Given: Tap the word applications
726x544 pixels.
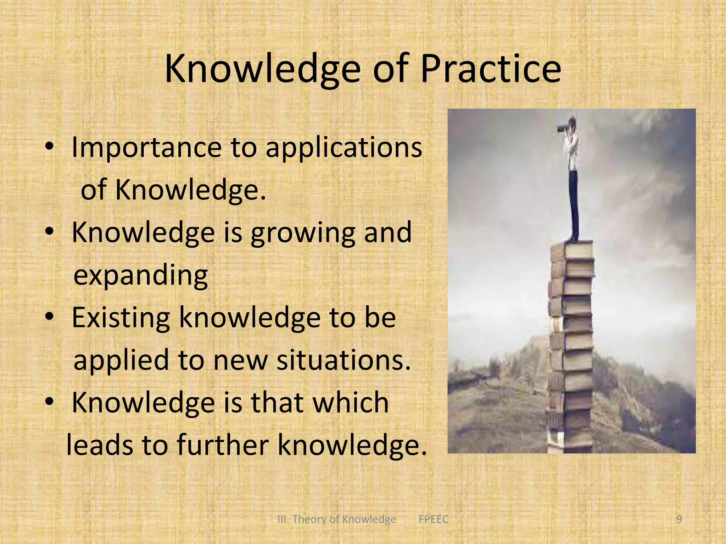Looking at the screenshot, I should click(344, 147).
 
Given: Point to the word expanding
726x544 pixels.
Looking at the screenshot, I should click(140, 276).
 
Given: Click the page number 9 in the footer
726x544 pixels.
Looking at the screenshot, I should click(679, 519).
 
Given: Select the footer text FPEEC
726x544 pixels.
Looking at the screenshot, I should click(433, 519).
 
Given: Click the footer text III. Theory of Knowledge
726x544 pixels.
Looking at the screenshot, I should click(336, 519).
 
